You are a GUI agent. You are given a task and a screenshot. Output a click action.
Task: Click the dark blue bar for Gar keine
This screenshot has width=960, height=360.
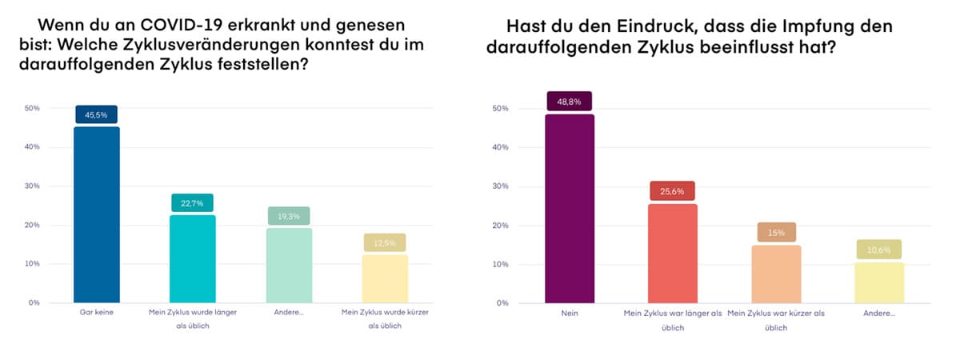click(97, 214)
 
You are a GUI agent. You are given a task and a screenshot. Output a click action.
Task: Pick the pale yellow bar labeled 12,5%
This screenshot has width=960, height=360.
click(386, 278)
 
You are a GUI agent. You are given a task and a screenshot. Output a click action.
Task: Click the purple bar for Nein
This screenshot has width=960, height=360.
click(570, 209)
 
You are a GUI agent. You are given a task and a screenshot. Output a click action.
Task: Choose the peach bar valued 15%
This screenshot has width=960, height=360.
click(777, 274)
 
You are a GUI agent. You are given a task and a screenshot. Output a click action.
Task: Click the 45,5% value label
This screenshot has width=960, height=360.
click(97, 115)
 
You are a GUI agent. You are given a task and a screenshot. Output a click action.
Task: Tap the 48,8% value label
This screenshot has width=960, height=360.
click(570, 102)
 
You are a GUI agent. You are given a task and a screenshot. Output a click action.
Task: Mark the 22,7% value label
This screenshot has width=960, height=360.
click(193, 203)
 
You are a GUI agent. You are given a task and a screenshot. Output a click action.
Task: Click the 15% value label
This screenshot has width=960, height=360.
click(777, 233)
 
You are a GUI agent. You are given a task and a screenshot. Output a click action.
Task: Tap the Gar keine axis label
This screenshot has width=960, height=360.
click(97, 313)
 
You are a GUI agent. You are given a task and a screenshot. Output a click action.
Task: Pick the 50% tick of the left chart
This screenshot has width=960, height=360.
click(34, 108)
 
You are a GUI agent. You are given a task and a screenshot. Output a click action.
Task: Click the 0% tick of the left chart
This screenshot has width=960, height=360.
click(35, 303)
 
